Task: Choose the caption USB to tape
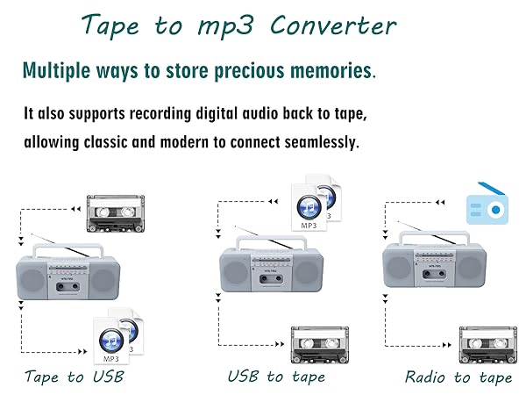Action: point(276,377)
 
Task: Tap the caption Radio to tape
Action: point(458,377)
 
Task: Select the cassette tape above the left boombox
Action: point(114,212)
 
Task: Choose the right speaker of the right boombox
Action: point(471,270)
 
